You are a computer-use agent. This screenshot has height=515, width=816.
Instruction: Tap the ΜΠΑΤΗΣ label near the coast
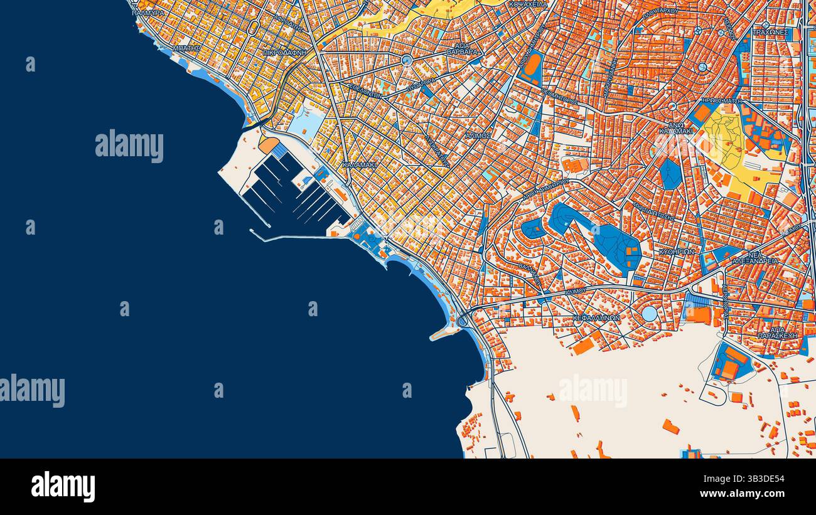[x=186, y=48]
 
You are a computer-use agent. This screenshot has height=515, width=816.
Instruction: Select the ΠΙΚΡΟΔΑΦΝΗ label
[x=286, y=53]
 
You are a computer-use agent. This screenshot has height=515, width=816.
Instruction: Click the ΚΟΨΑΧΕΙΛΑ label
[x=528, y=4]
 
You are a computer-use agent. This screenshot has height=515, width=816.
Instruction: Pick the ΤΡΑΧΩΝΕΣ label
[x=770, y=31]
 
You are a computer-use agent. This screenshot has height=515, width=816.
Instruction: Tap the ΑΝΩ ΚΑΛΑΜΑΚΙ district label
[x=676, y=128]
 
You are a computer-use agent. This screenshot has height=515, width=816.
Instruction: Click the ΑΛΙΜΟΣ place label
[x=478, y=135]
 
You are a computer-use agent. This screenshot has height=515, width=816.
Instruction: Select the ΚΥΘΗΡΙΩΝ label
[x=676, y=252]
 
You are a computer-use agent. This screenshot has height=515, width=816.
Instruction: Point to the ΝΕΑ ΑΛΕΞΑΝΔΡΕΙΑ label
[x=755, y=258]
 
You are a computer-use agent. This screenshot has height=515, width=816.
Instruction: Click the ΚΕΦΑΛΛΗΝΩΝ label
[x=596, y=318]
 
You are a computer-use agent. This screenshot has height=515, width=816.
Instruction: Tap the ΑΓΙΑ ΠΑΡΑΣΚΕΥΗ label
[x=777, y=332]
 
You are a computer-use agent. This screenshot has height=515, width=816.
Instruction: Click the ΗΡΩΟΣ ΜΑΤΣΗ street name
[x=722, y=100]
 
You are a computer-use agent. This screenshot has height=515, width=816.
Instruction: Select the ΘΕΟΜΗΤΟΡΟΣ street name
[x=559, y=100]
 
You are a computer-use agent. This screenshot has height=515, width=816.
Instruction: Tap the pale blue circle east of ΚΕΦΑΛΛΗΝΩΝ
[x=649, y=312]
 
